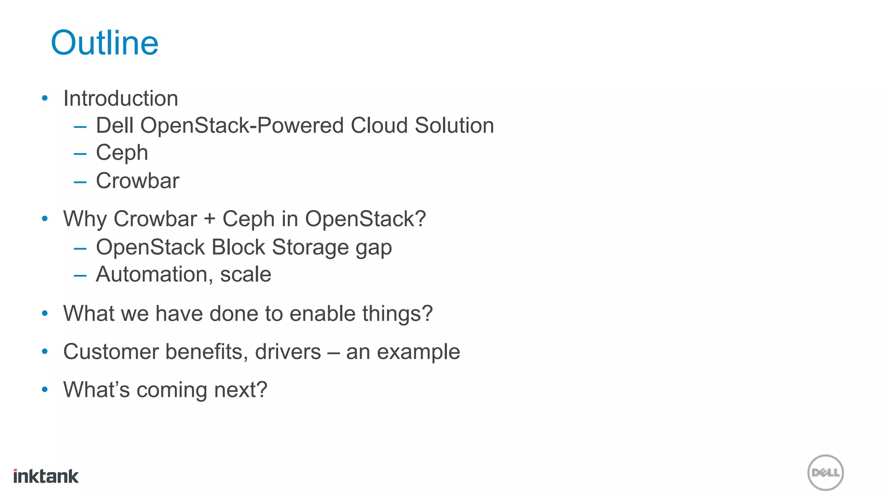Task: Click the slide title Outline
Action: [x=105, y=43]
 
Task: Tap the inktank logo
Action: [x=46, y=476]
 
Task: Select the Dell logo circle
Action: [x=825, y=472]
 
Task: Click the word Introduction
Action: [x=121, y=99]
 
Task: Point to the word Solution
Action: [x=454, y=126]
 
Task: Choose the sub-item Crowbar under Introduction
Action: [x=138, y=181]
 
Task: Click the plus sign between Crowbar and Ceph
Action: [x=210, y=219]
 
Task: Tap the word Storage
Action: [x=310, y=247]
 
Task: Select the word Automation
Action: [x=151, y=275]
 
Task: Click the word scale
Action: [x=245, y=275]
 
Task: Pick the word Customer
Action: [x=110, y=351]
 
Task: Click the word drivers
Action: [x=288, y=351]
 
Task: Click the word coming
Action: [x=172, y=390]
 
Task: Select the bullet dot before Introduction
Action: [x=45, y=99]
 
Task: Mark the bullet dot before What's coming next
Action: [x=45, y=389]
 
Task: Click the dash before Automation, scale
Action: [x=80, y=275]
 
